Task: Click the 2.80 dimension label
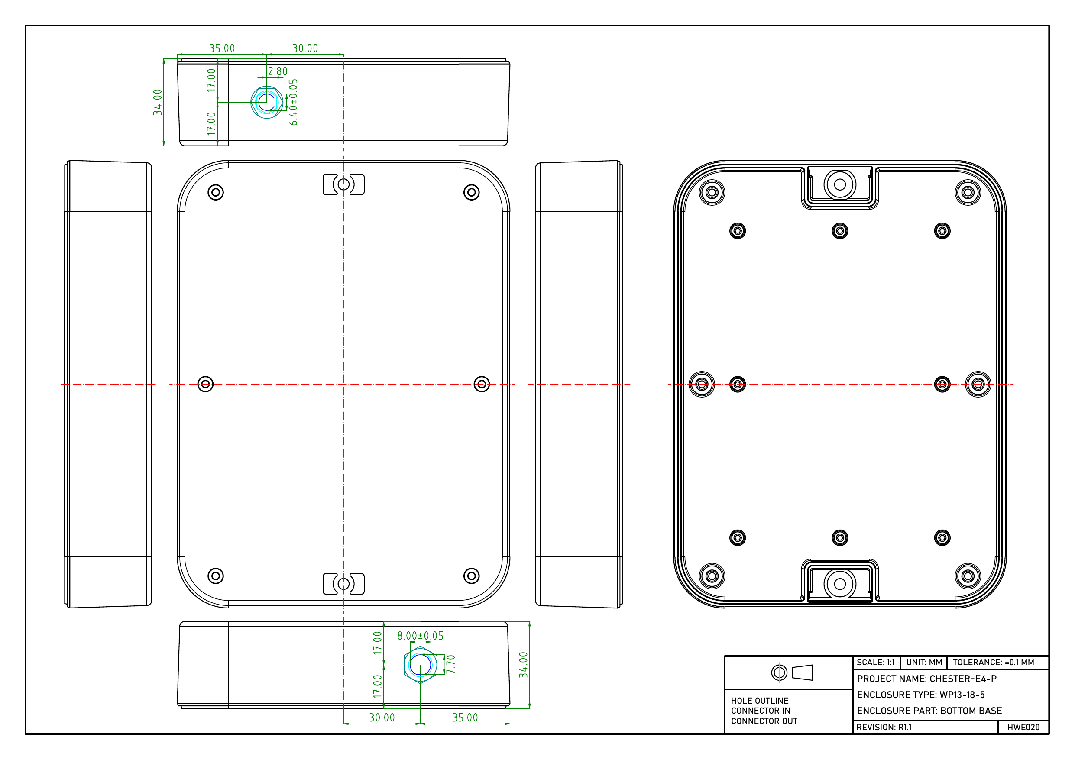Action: (278, 71)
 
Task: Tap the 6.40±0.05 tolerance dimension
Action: (294, 102)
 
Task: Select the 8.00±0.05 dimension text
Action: (420, 636)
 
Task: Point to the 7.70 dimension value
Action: (451, 664)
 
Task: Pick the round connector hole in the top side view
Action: (266, 102)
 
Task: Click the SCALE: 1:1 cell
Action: (875, 662)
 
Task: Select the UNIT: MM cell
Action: (924, 662)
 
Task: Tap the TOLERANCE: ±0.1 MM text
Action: (994, 662)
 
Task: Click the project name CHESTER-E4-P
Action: (963, 679)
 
